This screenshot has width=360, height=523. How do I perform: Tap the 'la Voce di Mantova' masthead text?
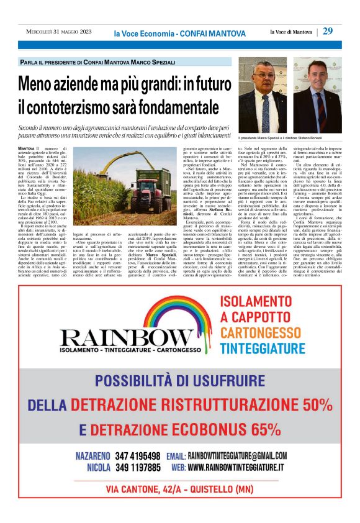pyautogui.click(x=292, y=32)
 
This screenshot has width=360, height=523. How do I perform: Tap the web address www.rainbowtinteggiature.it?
pyautogui.click(x=236, y=467)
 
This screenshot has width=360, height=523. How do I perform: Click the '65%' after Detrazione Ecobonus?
pyautogui.click(x=258, y=429)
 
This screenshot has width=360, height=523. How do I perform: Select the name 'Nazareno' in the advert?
pyautogui.click(x=93, y=455)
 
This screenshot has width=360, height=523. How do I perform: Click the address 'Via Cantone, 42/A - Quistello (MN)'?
pyautogui.click(x=180, y=489)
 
